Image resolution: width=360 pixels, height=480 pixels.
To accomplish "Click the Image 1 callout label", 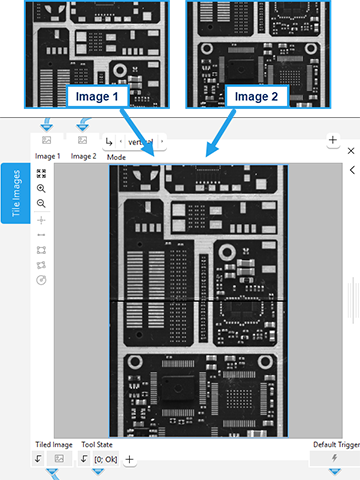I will (97, 97).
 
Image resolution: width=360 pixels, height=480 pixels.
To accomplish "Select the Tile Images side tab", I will (14, 193).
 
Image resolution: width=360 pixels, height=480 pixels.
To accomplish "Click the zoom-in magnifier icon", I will (41, 188).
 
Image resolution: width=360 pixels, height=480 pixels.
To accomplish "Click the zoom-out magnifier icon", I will (41, 203).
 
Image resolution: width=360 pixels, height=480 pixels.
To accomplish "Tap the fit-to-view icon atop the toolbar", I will (41, 173).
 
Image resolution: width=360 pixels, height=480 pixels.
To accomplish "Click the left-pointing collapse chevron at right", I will (351, 171).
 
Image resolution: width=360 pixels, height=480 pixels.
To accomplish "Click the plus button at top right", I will (332, 141).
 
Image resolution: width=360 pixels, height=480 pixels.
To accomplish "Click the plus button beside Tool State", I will (129, 459).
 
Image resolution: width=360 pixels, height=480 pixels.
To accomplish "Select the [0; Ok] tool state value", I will (105, 459).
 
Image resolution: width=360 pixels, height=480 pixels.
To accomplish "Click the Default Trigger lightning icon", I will (331, 458).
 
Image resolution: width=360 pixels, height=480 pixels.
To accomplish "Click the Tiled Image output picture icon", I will (59, 458).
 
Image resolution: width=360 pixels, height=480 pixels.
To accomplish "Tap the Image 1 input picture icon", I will (47, 140).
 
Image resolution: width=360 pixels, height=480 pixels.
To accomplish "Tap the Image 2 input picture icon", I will (83, 140).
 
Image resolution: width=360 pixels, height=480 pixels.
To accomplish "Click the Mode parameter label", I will (116, 158).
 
